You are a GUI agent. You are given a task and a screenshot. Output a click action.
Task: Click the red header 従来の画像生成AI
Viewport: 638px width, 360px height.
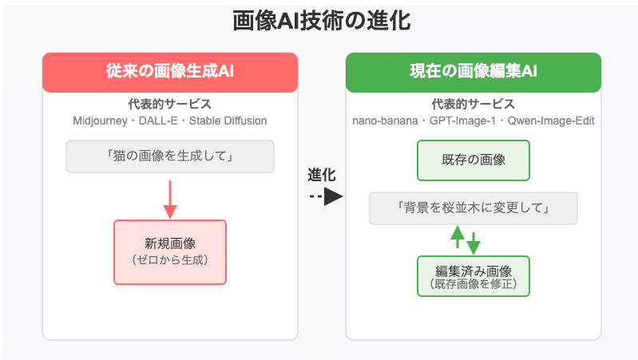(x=169, y=73)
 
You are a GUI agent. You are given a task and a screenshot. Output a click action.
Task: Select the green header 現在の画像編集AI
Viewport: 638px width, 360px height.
(x=473, y=73)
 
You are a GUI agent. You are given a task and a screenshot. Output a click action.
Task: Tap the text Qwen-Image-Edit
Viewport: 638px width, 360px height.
(x=548, y=121)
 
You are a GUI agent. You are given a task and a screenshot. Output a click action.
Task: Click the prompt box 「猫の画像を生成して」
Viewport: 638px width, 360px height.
(x=169, y=156)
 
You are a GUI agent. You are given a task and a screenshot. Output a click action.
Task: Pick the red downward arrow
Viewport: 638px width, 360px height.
(x=169, y=200)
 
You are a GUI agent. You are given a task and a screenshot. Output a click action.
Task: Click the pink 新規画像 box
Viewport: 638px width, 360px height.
(x=169, y=251)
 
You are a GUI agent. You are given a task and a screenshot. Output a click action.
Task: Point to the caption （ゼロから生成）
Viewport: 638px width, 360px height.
(x=169, y=259)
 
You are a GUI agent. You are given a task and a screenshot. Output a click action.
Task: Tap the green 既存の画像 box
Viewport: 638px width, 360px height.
(x=473, y=160)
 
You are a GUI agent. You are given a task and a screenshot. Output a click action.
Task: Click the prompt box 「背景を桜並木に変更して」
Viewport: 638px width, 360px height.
(x=473, y=208)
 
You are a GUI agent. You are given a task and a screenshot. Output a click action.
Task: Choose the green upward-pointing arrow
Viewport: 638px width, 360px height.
(x=458, y=236)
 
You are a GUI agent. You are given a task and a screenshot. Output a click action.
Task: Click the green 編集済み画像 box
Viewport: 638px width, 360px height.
(x=473, y=275)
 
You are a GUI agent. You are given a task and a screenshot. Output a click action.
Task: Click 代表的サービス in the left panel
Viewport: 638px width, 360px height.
(x=169, y=105)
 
